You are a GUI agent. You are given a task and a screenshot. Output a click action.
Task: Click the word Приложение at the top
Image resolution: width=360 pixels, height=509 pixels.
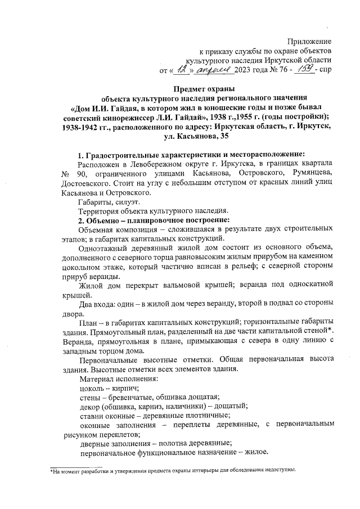309,41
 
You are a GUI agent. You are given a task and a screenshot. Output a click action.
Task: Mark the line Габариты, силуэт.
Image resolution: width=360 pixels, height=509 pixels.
109,201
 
